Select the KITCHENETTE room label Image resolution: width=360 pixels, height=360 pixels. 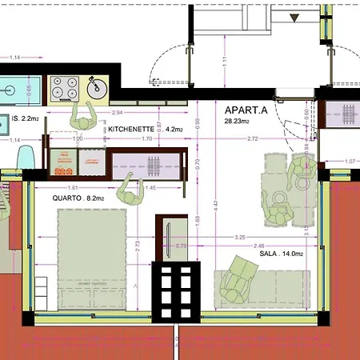[130, 128]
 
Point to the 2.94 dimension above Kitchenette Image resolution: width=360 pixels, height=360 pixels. [118, 113]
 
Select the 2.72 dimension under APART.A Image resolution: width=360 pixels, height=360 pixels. [253, 139]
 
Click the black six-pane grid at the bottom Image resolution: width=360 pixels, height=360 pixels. [174, 290]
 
